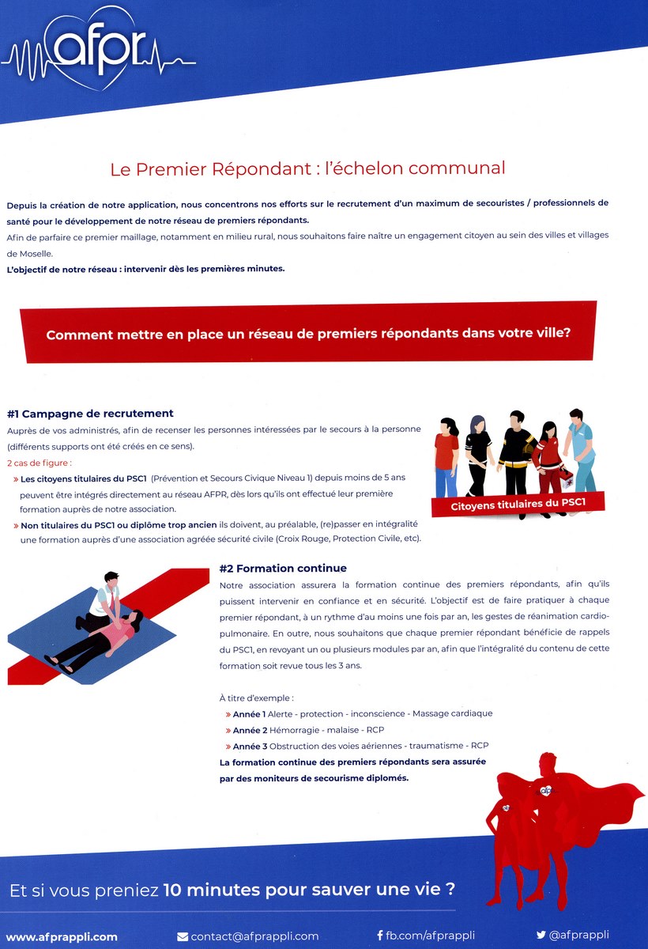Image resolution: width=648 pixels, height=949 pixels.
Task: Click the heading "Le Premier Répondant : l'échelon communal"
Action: pos(307,168)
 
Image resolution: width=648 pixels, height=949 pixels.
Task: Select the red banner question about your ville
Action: pos(308,333)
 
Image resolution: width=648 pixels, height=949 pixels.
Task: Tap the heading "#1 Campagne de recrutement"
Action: pos(90,414)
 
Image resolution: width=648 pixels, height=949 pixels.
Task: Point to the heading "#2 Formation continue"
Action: pos(283,568)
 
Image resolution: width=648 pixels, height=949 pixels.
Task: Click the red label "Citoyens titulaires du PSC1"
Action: pos(517,504)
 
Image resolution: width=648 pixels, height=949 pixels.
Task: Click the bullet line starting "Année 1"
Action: pos(362,713)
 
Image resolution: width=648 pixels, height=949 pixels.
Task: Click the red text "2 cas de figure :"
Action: pos(39,463)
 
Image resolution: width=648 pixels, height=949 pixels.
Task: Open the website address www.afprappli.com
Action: pos(62,936)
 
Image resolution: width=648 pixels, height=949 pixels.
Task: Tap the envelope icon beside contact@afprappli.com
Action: pos(183,936)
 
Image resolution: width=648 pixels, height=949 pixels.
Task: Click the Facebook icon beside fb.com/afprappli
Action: pos(379,936)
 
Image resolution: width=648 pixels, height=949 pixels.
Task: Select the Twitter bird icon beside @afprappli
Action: pos(541,936)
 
